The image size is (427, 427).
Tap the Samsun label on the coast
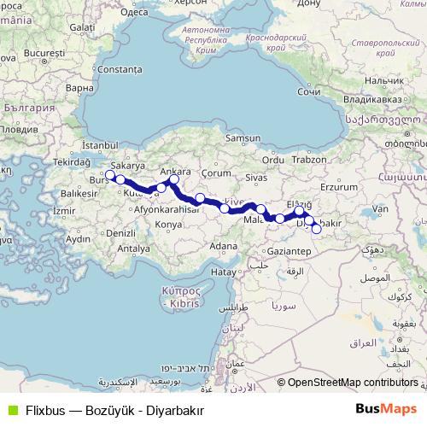(x=242, y=138)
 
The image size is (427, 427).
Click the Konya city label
(x=167, y=225)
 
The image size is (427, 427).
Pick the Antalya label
(x=133, y=249)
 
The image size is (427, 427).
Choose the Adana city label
(x=224, y=246)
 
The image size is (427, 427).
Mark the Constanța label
(x=119, y=68)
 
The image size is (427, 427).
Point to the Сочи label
(x=308, y=91)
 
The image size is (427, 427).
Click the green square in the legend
(x=11, y=409)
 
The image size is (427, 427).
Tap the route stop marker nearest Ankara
(x=174, y=180)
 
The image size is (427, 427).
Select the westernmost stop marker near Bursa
(x=109, y=175)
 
